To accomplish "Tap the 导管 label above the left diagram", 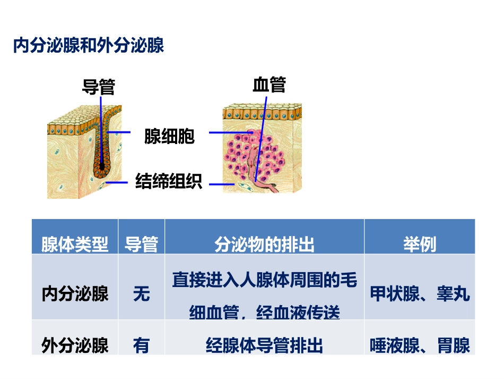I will click(99, 86).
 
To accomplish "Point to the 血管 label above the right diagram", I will click(269, 84).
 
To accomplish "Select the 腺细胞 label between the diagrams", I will click(169, 136).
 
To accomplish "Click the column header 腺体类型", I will click(75, 244).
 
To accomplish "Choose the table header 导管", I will click(141, 244).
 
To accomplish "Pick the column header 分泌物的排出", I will click(264, 244).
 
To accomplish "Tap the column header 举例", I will click(419, 244).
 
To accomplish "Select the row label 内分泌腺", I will click(75, 293).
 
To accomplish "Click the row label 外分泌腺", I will click(75, 346).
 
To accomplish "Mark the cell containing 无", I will click(141, 293).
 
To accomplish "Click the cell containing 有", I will click(141, 346).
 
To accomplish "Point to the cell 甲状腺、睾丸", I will click(420, 293).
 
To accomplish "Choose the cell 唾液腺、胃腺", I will click(420, 346).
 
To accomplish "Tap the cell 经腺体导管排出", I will click(264, 346).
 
